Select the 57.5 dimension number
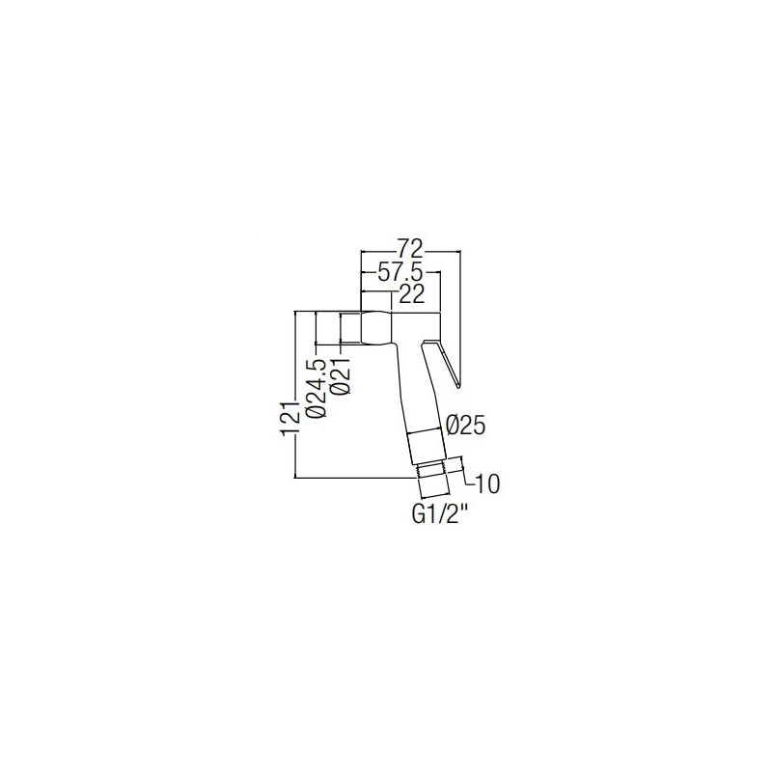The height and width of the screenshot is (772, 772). tap(400, 272)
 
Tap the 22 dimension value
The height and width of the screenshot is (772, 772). tap(411, 294)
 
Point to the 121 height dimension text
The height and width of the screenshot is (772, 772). tap(290, 418)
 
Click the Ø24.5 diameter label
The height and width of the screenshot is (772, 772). tap(317, 389)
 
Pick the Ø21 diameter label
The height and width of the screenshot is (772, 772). tap(341, 375)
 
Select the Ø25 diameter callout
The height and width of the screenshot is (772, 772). tap(465, 426)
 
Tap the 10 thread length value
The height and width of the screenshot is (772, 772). tap(486, 484)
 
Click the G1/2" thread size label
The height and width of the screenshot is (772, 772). tap(439, 516)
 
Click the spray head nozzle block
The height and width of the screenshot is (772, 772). tap(376, 327)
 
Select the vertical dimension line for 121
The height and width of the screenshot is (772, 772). tap(294, 395)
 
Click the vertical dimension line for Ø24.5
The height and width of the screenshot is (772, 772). tap(317, 328)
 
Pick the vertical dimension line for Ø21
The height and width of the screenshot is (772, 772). tap(341, 330)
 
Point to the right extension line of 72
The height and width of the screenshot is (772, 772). tap(460, 319)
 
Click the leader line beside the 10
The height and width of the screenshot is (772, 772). tap(464, 470)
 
